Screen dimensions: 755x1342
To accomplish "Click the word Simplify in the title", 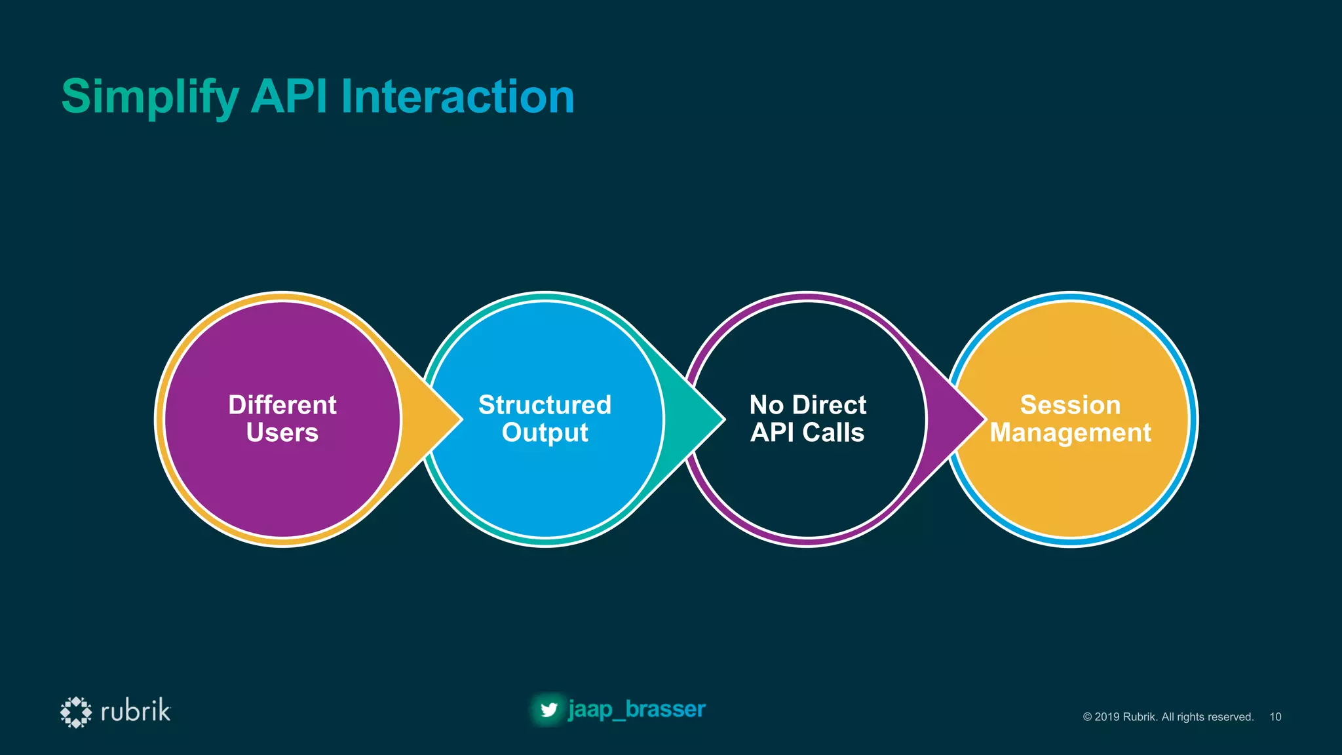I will pyautogui.click(x=149, y=97).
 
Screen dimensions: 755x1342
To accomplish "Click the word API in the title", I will pyautogui.click(x=288, y=97).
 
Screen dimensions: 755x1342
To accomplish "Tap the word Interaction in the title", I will pyautogui.click(x=457, y=97).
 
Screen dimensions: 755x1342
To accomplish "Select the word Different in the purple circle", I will pyautogui.click(x=282, y=405).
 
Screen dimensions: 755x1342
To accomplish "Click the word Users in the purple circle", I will pyautogui.click(x=282, y=433).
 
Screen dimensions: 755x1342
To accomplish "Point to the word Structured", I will pyautogui.click(x=545, y=405).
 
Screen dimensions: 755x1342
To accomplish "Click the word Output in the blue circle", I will pyautogui.click(x=545, y=433).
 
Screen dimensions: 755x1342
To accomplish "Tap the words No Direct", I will pyautogui.click(x=807, y=405).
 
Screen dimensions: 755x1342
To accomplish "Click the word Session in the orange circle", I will pyautogui.click(x=1070, y=405).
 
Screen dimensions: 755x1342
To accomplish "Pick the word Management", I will pyautogui.click(x=1070, y=433).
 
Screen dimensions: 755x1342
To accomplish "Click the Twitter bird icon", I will pyautogui.click(x=548, y=710).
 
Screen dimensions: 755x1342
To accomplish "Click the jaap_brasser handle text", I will pyautogui.click(x=636, y=709).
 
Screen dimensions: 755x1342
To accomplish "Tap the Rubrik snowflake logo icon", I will pyautogui.click(x=76, y=712).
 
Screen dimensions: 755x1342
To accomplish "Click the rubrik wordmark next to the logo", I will pyautogui.click(x=136, y=711).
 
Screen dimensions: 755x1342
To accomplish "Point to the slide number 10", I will pyautogui.click(x=1275, y=717).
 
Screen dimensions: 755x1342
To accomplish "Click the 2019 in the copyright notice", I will pyautogui.click(x=1107, y=717).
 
